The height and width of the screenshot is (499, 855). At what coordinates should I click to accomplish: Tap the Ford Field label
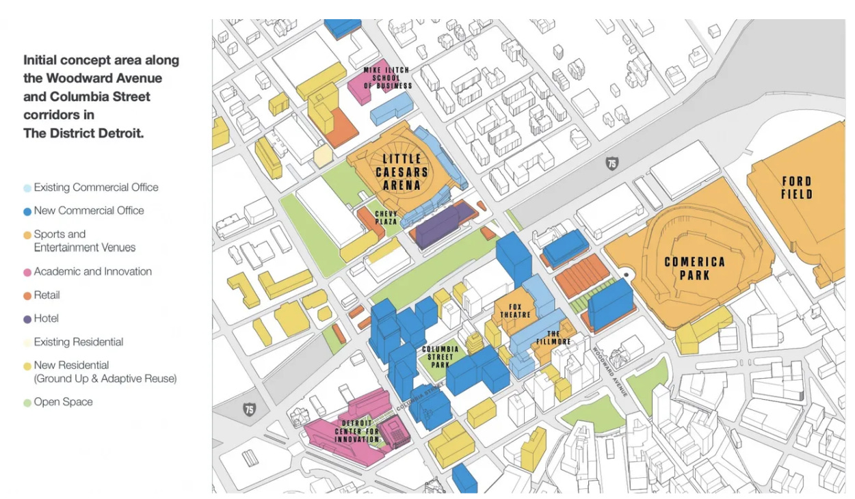(x=797, y=188)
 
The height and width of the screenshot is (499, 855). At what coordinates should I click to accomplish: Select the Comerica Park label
(x=694, y=269)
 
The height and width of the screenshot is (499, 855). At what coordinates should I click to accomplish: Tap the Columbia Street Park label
(x=440, y=356)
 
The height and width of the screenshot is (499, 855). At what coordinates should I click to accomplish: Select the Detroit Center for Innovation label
(x=356, y=431)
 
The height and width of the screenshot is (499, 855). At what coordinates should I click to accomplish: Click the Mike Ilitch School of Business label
(x=388, y=78)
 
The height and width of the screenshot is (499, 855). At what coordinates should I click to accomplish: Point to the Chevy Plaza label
(x=386, y=217)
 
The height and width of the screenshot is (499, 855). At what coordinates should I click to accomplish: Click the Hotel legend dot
(x=27, y=319)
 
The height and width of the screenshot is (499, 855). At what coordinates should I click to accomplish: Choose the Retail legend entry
(x=47, y=295)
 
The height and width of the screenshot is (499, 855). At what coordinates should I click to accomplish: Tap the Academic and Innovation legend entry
(x=92, y=271)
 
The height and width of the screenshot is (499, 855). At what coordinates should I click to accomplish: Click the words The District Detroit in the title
(x=84, y=133)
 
